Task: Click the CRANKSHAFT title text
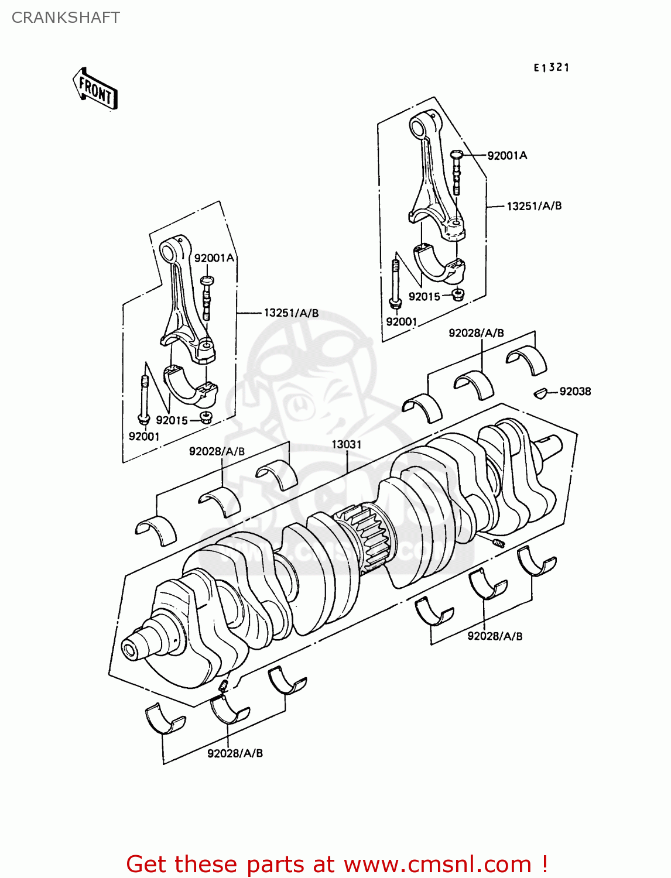point(66,18)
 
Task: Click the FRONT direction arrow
point(95,90)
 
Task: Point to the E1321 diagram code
point(551,68)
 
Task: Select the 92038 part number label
point(575,392)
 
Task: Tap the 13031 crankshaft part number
point(347,445)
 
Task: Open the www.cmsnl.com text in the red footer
point(437,864)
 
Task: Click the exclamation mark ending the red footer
point(544,864)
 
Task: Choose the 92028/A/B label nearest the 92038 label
point(476,333)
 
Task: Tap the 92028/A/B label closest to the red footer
point(235,753)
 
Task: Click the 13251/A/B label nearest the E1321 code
point(533,206)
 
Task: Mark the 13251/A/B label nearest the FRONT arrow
point(291,313)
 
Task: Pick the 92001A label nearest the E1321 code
point(507,156)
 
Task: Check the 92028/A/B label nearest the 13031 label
point(217,452)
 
